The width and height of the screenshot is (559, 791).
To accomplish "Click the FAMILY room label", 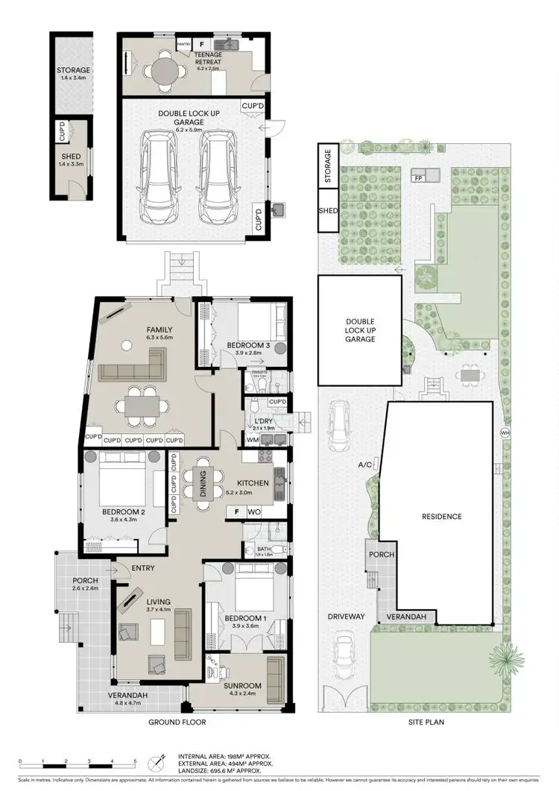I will click(x=160, y=330).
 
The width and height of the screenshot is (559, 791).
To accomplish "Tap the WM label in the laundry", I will click(x=252, y=441).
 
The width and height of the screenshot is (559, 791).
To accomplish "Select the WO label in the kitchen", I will click(x=255, y=512).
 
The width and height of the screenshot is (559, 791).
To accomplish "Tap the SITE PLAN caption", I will click(x=427, y=722).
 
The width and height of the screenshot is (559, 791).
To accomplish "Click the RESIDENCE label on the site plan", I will click(x=441, y=516).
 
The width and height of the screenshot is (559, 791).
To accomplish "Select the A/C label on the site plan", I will click(x=364, y=464).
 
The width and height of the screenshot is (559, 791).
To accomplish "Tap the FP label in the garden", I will click(x=417, y=178).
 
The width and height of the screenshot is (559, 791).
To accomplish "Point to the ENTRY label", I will click(x=143, y=568).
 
